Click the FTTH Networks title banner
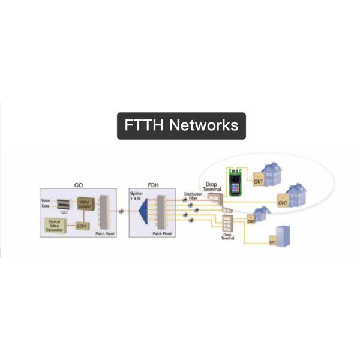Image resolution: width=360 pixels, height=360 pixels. pyautogui.click(x=181, y=126)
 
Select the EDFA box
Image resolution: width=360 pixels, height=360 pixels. pyautogui.click(x=82, y=226)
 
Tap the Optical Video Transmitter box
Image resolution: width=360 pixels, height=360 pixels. pyautogui.click(x=55, y=226)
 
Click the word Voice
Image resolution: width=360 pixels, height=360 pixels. pyautogui.click(x=46, y=200)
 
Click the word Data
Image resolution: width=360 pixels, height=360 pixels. pyautogui.click(x=46, y=206)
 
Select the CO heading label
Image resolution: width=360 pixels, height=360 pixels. pyautogui.click(x=79, y=186)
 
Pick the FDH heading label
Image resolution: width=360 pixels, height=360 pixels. pyautogui.click(x=153, y=186)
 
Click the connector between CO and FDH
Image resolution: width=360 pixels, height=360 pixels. pyautogui.click(x=122, y=212)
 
